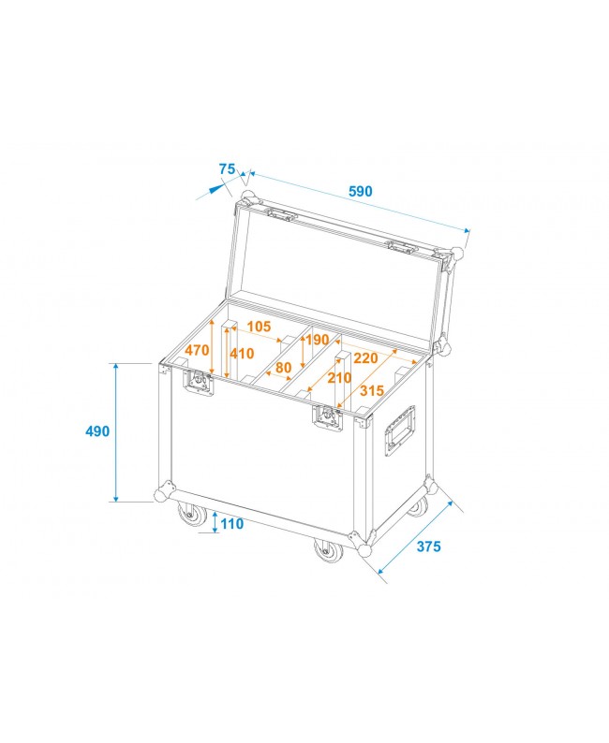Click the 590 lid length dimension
[x=361, y=191]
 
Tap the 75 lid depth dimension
[x=227, y=168]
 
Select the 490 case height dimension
[x=97, y=431]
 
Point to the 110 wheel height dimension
[x=231, y=524]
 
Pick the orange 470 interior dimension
[x=197, y=350]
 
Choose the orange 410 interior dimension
[x=242, y=354]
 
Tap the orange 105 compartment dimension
[x=260, y=326]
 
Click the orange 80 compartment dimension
[x=284, y=368]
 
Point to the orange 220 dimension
[x=365, y=357]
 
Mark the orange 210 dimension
[x=339, y=378]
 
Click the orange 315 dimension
[x=372, y=390]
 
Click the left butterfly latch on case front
[x=199, y=384]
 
